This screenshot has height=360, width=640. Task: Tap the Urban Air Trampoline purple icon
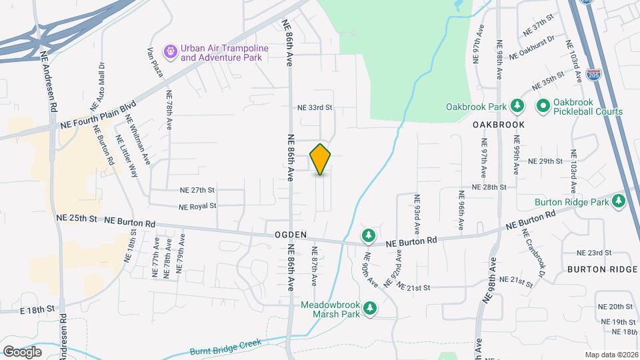pyautogui.click(x=171, y=50)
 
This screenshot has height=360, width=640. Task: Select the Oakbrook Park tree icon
pyautogui.click(x=516, y=106)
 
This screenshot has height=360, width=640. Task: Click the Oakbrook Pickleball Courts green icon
pyautogui.click(x=543, y=106)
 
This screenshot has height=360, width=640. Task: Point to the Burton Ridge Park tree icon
pyautogui.click(x=619, y=201)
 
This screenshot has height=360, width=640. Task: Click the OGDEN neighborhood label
pyautogui.click(x=290, y=235)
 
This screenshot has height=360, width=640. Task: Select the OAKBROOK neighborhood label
pyautogui.click(x=499, y=125)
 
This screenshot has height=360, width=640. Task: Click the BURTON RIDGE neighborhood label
pyautogui.click(x=603, y=269)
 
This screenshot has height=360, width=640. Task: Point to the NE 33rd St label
pyautogui.click(x=315, y=107)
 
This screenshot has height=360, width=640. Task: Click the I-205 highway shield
pyautogui.click(x=593, y=72)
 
